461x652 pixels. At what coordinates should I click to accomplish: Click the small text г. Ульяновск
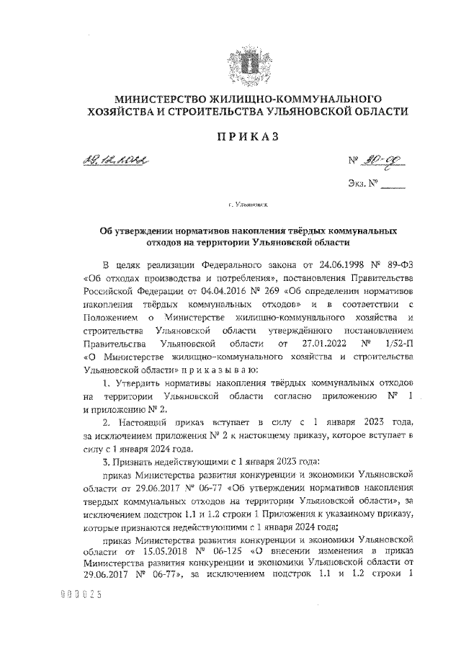click(x=247, y=207)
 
